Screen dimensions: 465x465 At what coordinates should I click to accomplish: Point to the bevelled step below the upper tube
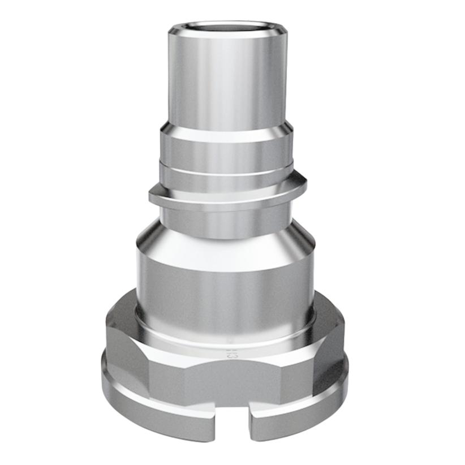(226, 131)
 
